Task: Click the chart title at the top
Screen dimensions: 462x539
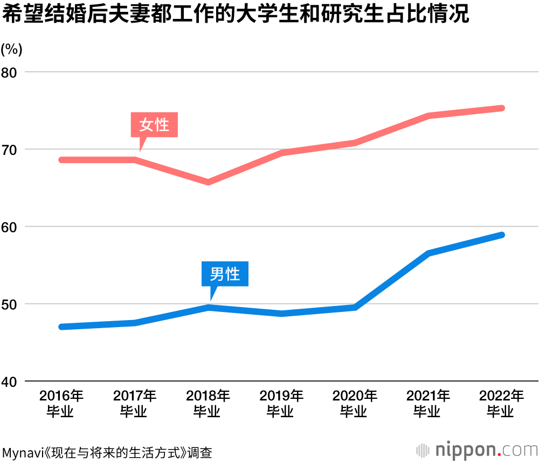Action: (235, 15)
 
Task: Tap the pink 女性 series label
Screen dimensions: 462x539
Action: (154, 125)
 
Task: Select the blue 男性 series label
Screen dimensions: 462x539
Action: (225, 274)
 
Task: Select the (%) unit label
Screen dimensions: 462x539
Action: (11, 49)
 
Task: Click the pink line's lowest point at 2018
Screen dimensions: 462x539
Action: (208, 182)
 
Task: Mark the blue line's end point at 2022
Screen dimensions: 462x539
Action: (501, 235)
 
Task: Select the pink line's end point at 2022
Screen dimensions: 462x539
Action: (501, 108)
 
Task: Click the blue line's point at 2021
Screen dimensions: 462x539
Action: (428, 253)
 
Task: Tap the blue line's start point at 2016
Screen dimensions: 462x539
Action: (61, 327)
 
